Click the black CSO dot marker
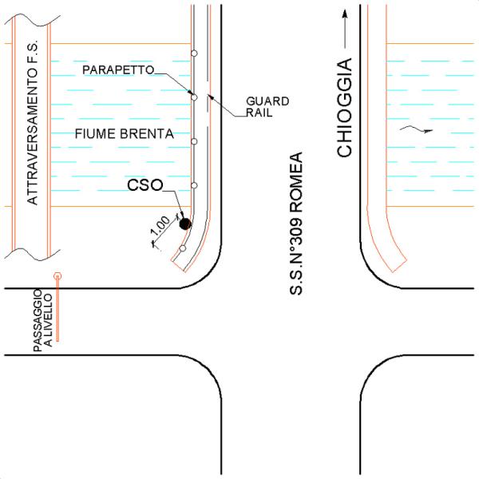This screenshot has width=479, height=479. point(185,224)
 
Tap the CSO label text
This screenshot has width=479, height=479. point(145,185)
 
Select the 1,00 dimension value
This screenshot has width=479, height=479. point(160,225)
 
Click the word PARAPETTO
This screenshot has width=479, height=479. point(118,70)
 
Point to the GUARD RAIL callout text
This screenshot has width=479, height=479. point(267,107)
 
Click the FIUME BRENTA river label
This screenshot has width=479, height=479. point(125,134)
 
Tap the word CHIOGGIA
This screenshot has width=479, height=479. point(344,108)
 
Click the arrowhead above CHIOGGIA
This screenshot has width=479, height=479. point(345,14)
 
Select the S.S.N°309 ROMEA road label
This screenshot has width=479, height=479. point(295,224)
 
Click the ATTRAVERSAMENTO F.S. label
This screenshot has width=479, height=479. point(33,122)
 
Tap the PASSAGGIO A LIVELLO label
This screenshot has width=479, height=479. point(42,320)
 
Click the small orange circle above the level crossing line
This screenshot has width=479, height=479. point(57,276)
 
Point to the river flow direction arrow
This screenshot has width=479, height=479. point(416,129)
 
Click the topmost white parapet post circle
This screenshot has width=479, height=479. point(194,53)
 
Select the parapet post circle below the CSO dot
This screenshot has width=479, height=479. point(183,248)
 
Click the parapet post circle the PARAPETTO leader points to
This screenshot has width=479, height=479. point(194,97)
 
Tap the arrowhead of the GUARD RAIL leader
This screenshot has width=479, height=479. point(210,97)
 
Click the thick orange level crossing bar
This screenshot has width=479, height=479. point(57,310)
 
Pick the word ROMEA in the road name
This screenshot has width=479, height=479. point(295,182)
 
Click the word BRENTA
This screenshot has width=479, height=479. point(147,134)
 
